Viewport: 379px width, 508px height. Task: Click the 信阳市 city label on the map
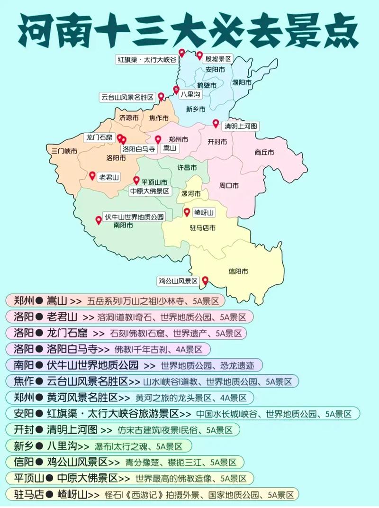click(238, 272)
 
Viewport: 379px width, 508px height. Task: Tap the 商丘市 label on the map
click(264, 153)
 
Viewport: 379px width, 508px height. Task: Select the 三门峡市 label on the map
click(64, 151)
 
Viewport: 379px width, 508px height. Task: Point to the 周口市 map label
click(229, 185)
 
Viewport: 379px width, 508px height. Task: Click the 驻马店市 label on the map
click(203, 228)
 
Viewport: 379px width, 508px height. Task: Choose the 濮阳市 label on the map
click(242, 82)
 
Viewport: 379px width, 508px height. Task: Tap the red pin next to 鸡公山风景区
click(205, 281)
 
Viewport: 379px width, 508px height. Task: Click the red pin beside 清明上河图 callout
click(216, 124)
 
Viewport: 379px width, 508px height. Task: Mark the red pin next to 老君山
click(92, 175)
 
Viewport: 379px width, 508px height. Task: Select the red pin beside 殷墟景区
click(199, 55)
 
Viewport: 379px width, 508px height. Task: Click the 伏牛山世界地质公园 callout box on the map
click(134, 217)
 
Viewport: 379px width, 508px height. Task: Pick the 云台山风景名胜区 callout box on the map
click(127, 97)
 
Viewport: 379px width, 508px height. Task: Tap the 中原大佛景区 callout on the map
click(149, 191)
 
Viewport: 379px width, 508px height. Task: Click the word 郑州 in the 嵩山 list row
click(23, 300)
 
